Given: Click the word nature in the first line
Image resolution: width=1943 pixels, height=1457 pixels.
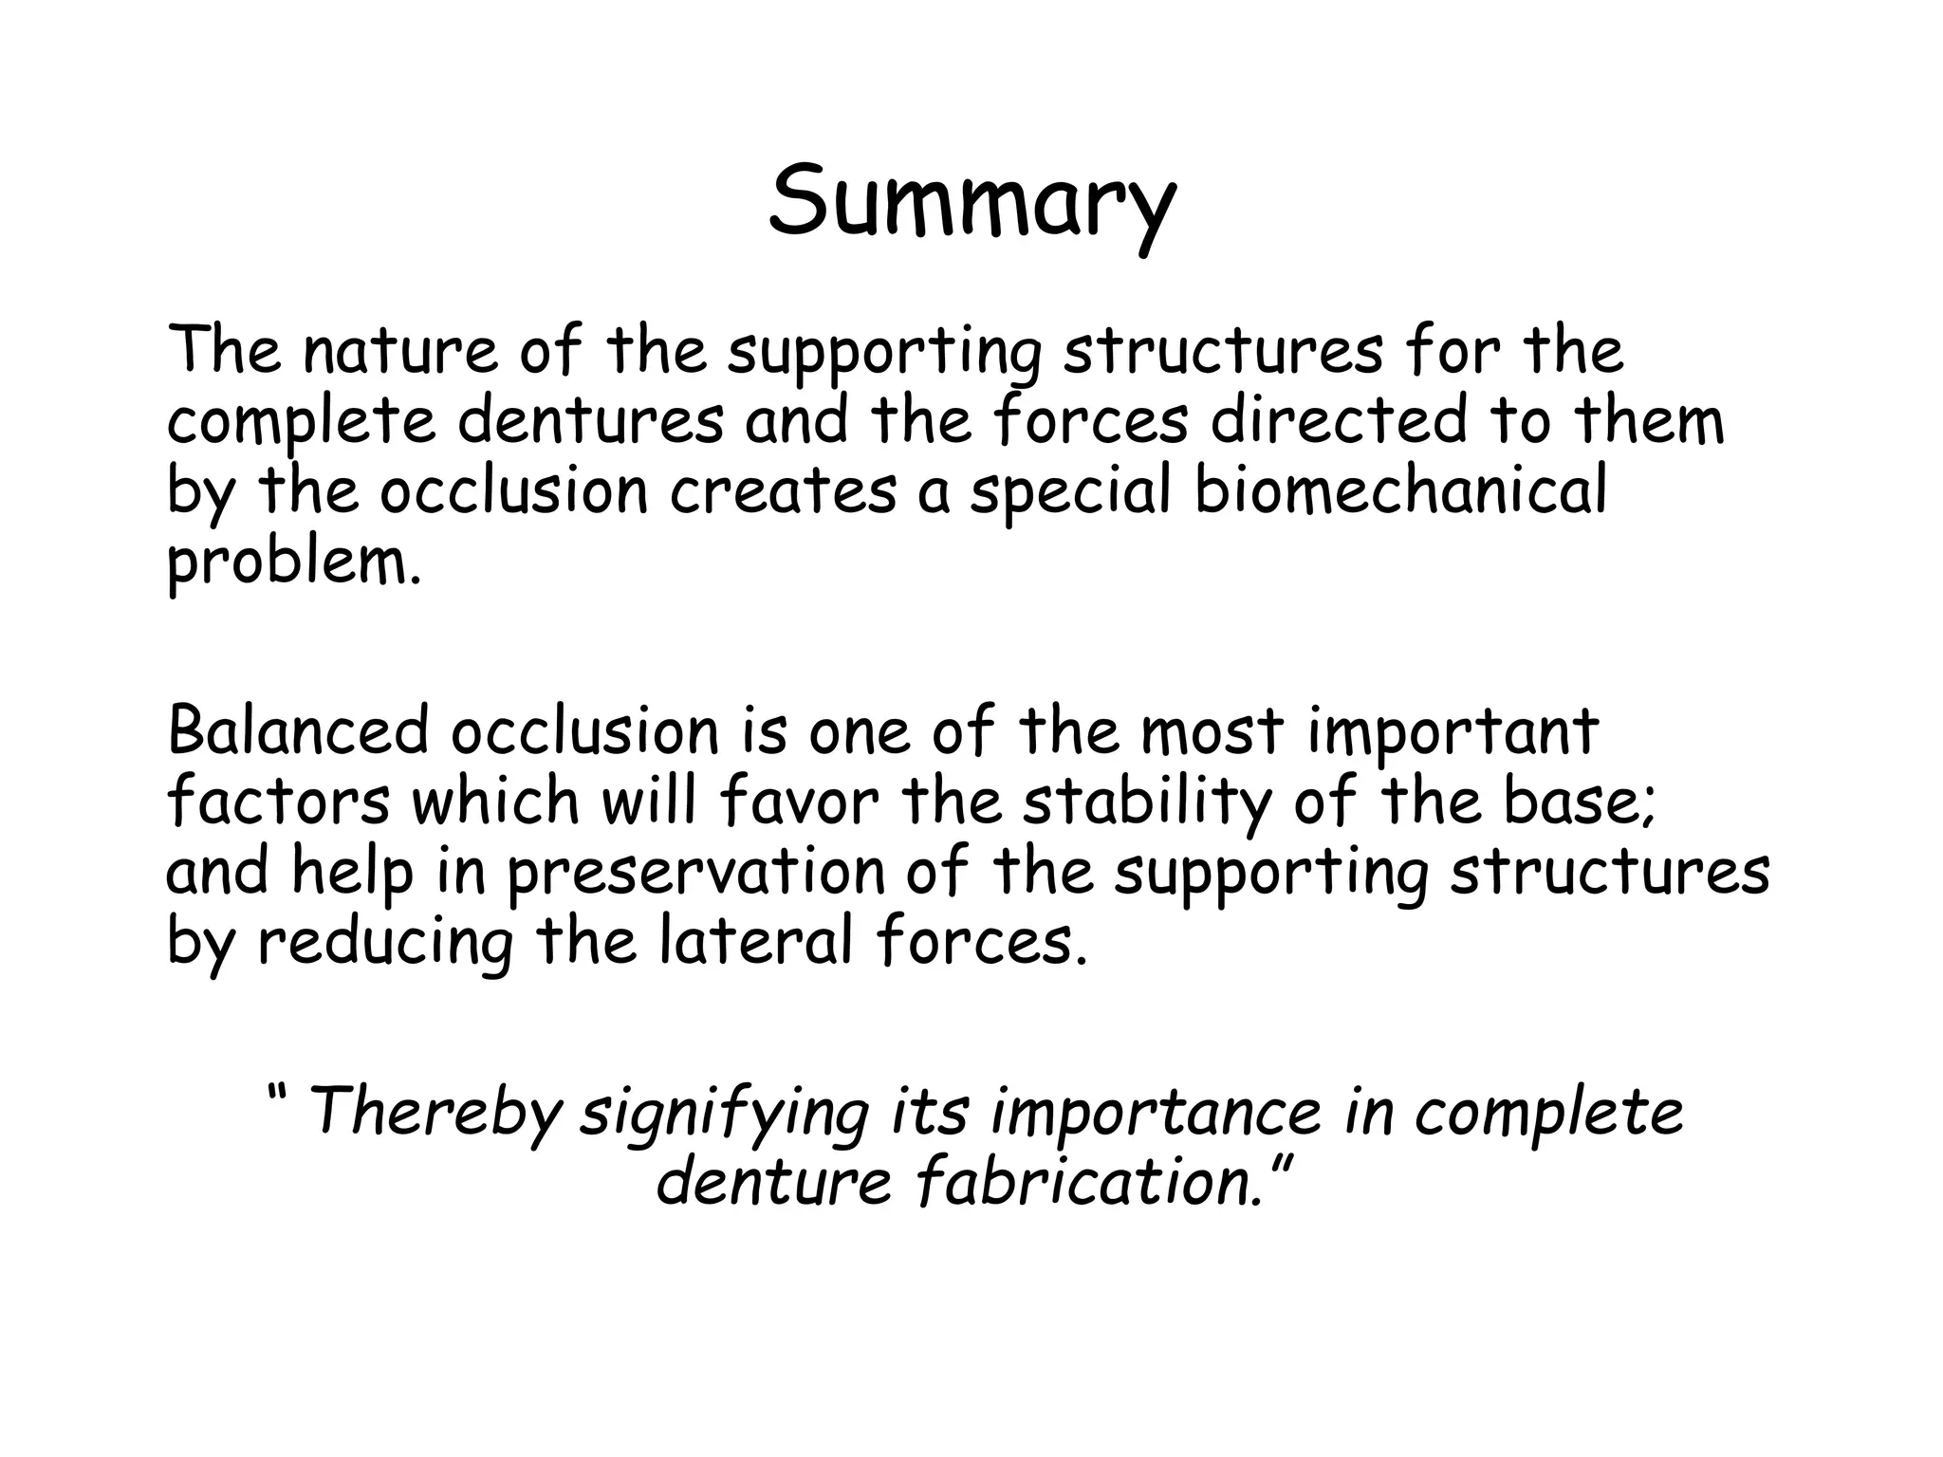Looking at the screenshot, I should click(x=399, y=351).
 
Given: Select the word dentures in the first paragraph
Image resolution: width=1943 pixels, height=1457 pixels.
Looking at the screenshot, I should click(x=590, y=421).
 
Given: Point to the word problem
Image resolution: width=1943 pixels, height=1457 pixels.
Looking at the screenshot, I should click(x=292, y=564).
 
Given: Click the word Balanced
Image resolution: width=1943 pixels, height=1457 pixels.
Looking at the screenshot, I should click(x=297, y=731).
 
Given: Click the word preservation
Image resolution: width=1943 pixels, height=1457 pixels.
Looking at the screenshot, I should click(x=695, y=873).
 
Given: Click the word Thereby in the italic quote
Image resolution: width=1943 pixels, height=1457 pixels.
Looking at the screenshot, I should click(x=435, y=1112).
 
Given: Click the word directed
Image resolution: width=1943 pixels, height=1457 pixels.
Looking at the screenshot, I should click(x=1339, y=421).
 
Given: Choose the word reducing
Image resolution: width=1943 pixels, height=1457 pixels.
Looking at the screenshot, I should click(x=385, y=944).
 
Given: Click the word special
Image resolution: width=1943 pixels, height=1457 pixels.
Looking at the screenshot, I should click(x=1070, y=493).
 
